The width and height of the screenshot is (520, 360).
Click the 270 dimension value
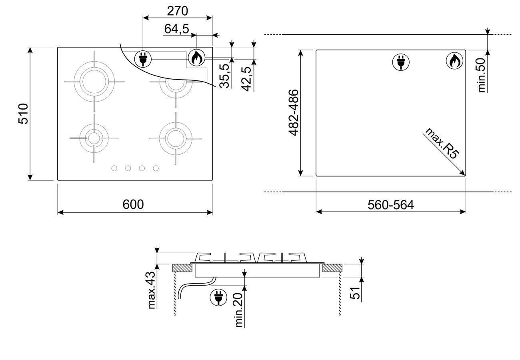[x=177, y=11]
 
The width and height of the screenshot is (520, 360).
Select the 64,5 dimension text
[x=177, y=29]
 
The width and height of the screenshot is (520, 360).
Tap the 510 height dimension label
[x=24, y=114]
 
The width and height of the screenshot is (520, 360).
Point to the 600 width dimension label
[x=133, y=204]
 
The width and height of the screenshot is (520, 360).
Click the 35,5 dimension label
[x=225, y=76]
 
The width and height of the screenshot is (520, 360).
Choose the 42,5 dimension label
[x=246, y=79]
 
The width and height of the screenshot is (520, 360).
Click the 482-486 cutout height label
[x=293, y=112]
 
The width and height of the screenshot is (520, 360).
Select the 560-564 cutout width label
[x=391, y=205]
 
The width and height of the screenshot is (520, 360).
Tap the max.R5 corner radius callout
[x=442, y=144]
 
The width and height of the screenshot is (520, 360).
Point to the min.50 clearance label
[x=482, y=75]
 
